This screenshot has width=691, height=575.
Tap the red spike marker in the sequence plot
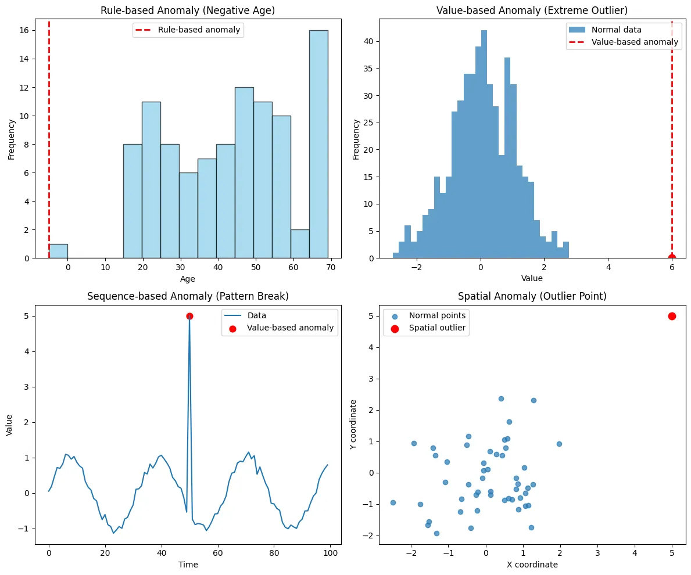[x=189, y=316]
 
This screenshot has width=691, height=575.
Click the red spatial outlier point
[x=672, y=316]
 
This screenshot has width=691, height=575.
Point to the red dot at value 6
[x=672, y=258]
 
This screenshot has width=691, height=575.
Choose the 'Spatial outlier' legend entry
[x=437, y=328]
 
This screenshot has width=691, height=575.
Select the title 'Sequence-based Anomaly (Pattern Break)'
[x=188, y=296]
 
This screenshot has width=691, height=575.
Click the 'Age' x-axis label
[x=188, y=279]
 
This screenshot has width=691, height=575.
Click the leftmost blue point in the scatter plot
[x=393, y=502]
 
